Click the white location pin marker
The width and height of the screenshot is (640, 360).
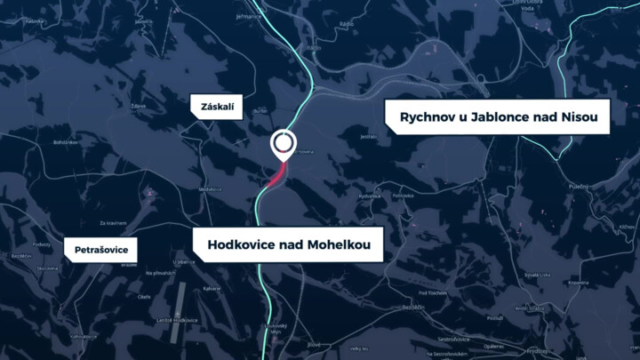click(x=284, y=143)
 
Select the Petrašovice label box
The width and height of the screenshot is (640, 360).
click(x=100, y=250)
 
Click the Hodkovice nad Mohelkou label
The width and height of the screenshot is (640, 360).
click(x=288, y=244)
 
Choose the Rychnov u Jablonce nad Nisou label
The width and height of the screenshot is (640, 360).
click(x=497, y=116)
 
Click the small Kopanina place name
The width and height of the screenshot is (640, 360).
click(x=579, y=283)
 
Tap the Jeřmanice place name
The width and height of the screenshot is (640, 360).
click(x=248, y=16)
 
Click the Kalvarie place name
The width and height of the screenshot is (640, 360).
click(x=212, y=288)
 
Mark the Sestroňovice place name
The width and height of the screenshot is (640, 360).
click(x=452, y=339)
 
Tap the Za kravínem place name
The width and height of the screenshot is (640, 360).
click(x=113, y=222)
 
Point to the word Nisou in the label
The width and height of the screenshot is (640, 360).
click(x=582, y=116)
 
